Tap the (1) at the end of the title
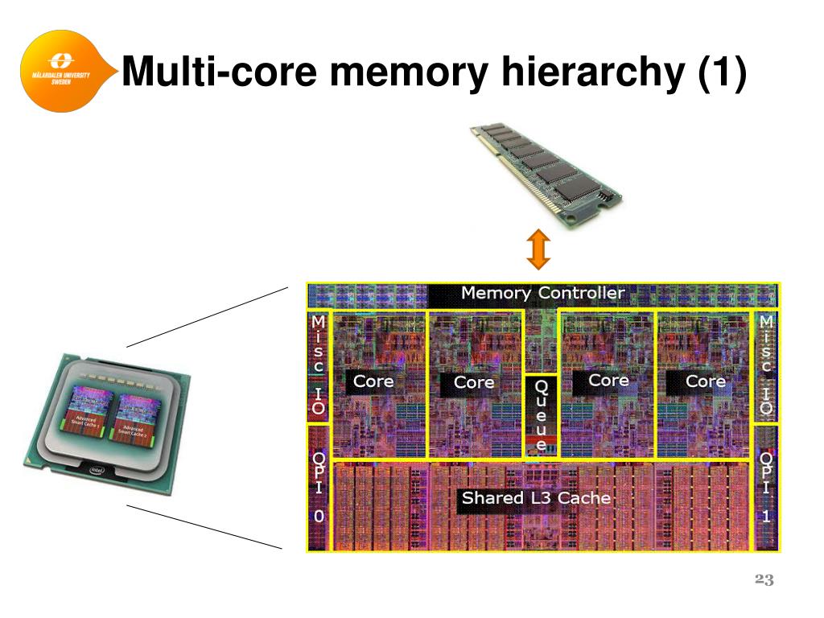click(721, 73)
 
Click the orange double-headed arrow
click(538, 249)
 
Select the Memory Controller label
click(542, 294)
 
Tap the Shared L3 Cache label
click(536, 498)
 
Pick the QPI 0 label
click(319, 488)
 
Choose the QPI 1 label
click(766, 488)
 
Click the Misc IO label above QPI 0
click(319, 365)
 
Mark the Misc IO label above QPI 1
click(766, 365)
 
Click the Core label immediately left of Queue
click(474, 382)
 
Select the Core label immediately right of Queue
click(608, 380)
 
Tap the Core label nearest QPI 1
click(706, 381)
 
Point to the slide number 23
click(764, 581)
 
